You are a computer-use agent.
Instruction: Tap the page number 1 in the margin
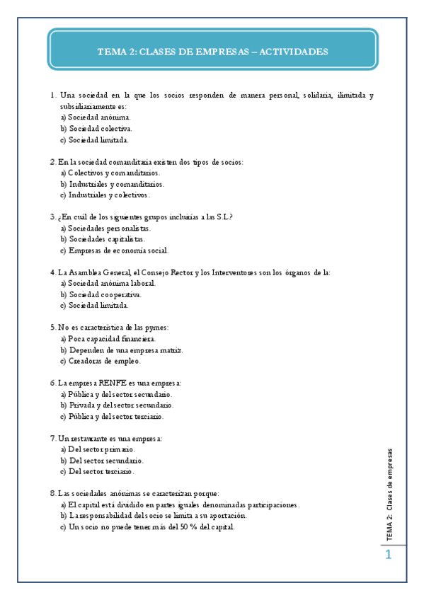coord(388,557)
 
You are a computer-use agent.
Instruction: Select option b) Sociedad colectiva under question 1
coord(96,129)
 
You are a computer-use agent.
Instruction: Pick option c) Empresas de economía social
coord(114,250)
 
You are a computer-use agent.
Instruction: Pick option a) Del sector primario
coord(98,449)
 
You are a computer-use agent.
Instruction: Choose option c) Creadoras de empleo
coord(100,361)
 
